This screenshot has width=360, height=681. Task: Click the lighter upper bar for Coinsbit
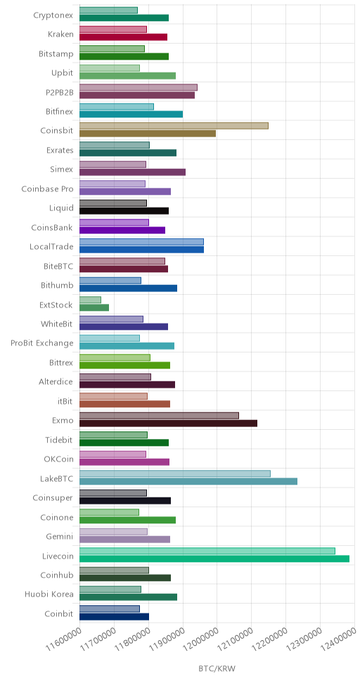174,125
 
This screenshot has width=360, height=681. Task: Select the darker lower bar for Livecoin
214,559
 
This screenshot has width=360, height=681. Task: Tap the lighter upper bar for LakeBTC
175,473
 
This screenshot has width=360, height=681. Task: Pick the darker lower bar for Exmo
169,423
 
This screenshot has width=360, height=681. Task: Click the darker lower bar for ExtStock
94,307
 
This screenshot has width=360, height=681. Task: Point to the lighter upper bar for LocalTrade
141,242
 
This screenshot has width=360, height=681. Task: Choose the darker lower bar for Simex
132,172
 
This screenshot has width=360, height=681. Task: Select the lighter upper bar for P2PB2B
139,87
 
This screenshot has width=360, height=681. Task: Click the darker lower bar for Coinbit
114,616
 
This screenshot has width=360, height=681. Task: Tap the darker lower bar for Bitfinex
131,114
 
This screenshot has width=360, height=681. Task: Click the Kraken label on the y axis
60,34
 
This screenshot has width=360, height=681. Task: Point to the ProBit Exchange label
42,343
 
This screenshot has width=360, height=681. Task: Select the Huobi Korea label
49,594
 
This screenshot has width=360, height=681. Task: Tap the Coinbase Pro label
47,189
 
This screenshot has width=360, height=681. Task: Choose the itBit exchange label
65,401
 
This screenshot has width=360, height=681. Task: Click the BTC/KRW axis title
217,668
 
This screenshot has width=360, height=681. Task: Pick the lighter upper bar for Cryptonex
108,10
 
